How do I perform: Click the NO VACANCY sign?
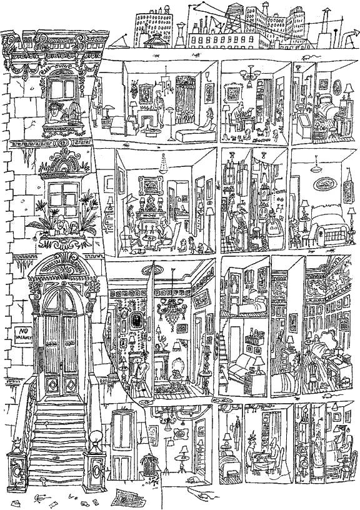tap(23, 336)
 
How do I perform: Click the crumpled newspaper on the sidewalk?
tap(127, 498)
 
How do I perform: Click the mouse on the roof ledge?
tap(308, 57)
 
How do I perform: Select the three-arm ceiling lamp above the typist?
tap(250, 76)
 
